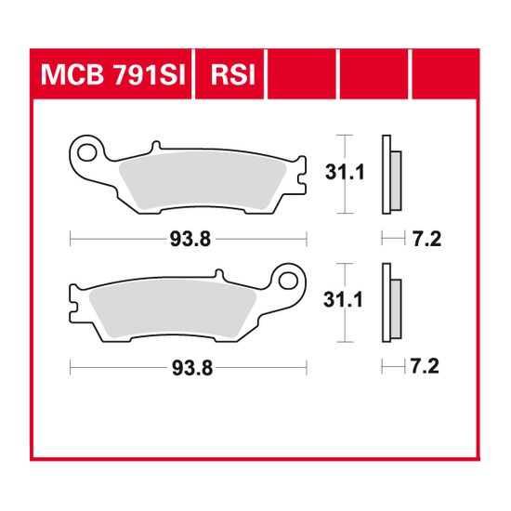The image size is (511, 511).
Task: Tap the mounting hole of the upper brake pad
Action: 88,150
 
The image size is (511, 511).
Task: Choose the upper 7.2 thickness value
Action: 426,240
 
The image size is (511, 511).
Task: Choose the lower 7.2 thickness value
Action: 426,369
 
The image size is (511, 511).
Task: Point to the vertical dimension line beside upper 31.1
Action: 346,174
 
